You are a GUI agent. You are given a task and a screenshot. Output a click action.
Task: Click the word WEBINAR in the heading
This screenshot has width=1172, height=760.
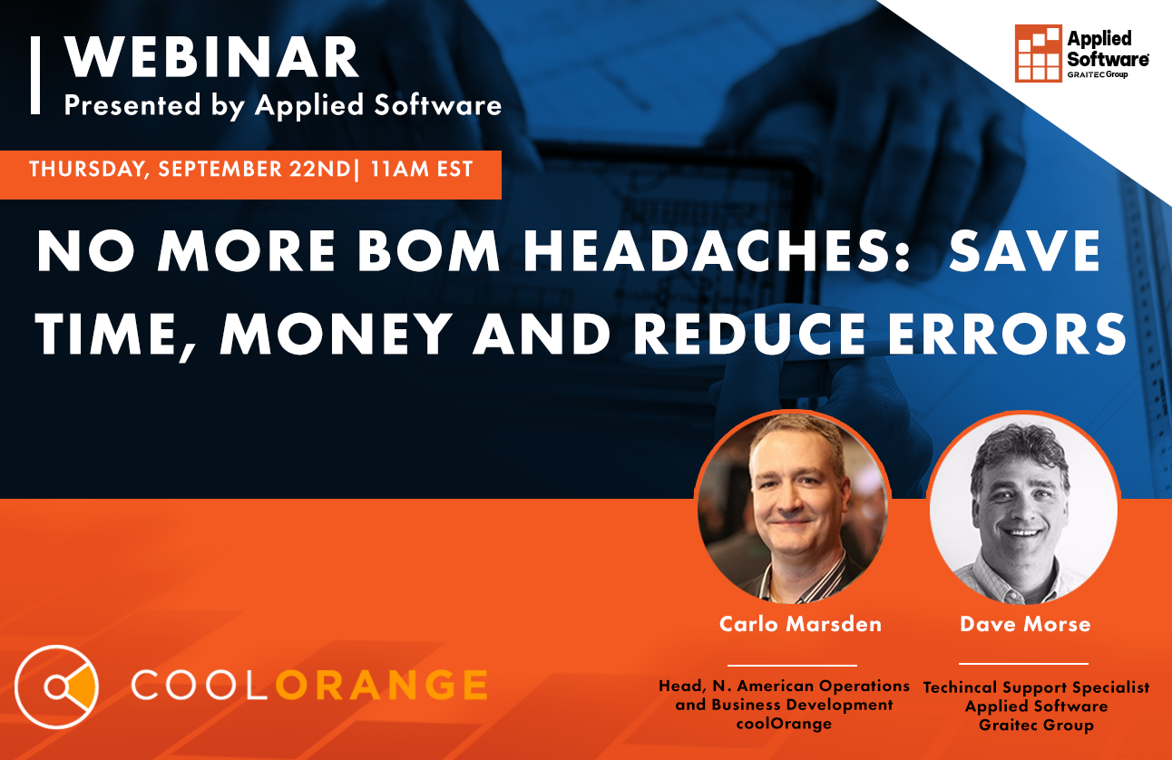211,57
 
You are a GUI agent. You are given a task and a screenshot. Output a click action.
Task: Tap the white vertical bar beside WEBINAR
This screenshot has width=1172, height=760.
35,74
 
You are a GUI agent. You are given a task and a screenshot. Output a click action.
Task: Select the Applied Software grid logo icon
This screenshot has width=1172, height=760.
1038,54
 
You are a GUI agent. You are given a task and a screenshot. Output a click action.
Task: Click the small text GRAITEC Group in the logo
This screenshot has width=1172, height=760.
1098,74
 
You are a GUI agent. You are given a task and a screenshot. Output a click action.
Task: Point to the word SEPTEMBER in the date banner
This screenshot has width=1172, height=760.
220,169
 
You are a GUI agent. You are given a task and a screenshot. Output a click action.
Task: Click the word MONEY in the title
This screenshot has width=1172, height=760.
336,333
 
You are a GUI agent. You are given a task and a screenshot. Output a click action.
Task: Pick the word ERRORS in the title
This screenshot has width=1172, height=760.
1007,333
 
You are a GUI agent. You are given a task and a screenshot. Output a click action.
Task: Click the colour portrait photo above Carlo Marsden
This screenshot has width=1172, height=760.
793,506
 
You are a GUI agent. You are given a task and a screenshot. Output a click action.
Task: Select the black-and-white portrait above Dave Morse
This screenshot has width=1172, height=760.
1023,507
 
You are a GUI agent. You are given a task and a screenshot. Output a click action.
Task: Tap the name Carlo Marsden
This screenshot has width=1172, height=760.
800,624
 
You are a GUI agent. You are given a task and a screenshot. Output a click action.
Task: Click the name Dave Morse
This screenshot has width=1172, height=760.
1025,624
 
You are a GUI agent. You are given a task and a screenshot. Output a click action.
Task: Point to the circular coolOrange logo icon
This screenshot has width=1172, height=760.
56,687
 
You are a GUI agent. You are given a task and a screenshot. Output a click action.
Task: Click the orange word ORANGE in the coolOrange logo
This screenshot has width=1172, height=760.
381,685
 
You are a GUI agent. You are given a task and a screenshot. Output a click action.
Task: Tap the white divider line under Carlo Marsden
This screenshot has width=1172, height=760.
792,666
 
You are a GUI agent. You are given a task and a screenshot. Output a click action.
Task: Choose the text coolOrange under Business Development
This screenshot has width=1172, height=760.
784,724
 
